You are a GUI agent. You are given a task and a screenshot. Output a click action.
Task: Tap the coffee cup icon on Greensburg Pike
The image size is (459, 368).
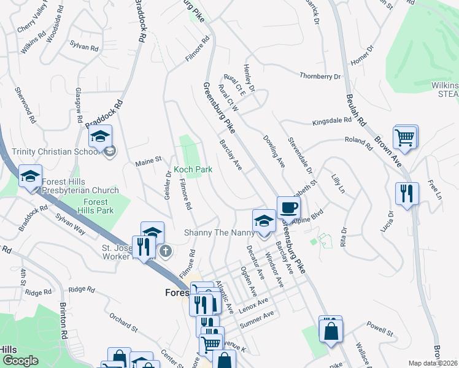tap(288, 207)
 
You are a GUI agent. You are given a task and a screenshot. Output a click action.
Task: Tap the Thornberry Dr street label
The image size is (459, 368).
tap(320, 76)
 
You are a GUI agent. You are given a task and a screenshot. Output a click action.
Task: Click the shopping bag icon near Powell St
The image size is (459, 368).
tap(330, 329)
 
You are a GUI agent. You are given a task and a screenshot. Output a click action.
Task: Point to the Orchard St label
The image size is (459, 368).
tap(124, 322)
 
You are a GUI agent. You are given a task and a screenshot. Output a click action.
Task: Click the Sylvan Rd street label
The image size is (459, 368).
tap(85, 47)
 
